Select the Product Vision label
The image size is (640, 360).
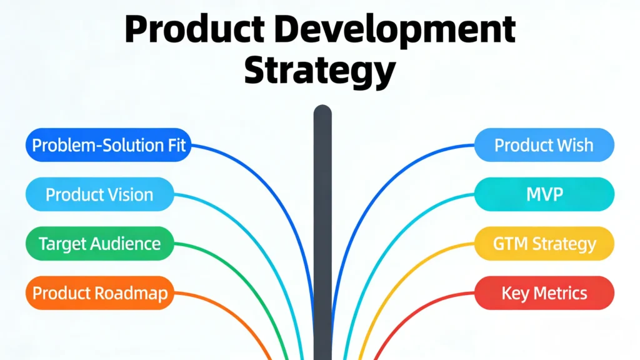point(99,194)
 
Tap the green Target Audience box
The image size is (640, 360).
point(99,243)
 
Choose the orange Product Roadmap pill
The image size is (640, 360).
point(99,292)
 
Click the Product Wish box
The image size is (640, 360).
point(544,146)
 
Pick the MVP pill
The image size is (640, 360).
point(544,194)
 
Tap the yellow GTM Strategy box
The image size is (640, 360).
point(544,243)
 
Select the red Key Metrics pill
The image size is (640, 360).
point(544,292)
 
